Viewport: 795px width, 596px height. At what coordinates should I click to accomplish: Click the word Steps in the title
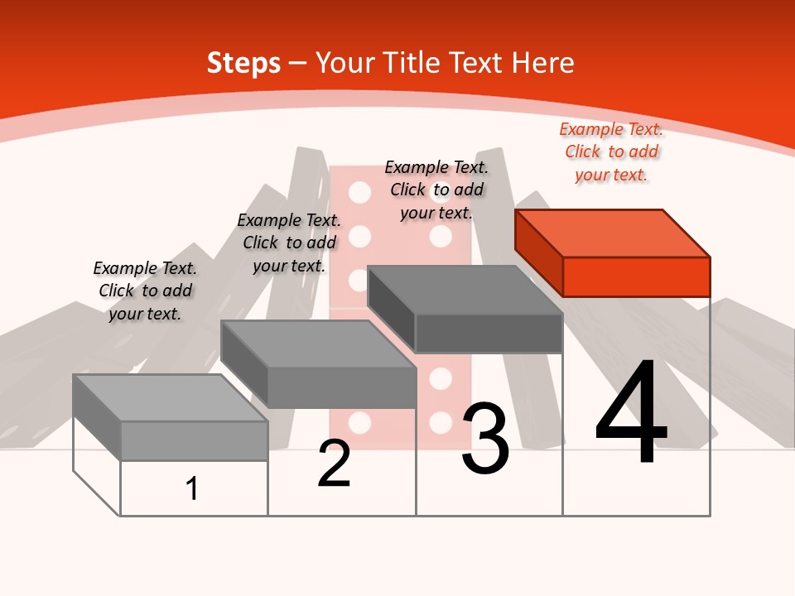(243, 63)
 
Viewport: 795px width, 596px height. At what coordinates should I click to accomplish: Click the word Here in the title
(542, 63)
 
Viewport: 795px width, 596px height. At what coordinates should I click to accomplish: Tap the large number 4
(631, 414)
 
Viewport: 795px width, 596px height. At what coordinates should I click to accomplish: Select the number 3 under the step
(485, 440)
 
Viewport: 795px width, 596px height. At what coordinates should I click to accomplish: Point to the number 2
(334, 464)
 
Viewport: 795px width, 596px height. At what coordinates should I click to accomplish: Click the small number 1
(192, 488)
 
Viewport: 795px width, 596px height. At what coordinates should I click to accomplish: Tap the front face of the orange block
(636, 276)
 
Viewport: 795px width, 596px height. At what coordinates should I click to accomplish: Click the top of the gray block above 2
(318, 344)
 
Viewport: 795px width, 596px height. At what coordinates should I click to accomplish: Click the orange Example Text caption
(611, 151)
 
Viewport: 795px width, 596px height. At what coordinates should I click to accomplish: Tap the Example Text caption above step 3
(436, 190)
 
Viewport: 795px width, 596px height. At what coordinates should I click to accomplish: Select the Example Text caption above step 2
(289, 243)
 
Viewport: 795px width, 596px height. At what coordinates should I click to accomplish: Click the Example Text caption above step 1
(145, 291)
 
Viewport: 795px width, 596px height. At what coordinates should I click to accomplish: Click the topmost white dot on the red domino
(359, 193)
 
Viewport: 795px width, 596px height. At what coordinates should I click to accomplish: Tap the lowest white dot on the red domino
(359, 423)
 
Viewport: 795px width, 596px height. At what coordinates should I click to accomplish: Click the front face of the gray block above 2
(341, 387)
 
